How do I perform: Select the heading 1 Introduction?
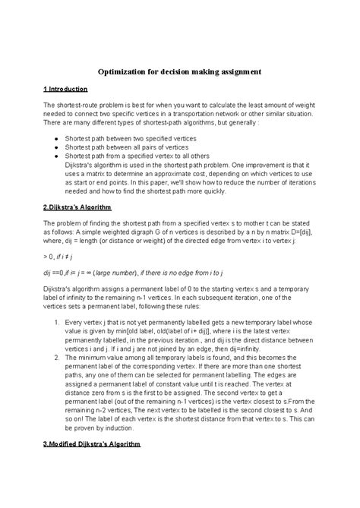pos(67,89)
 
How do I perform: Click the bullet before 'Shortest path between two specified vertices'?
pos(58,140)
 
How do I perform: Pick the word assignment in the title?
pos(237,71)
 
